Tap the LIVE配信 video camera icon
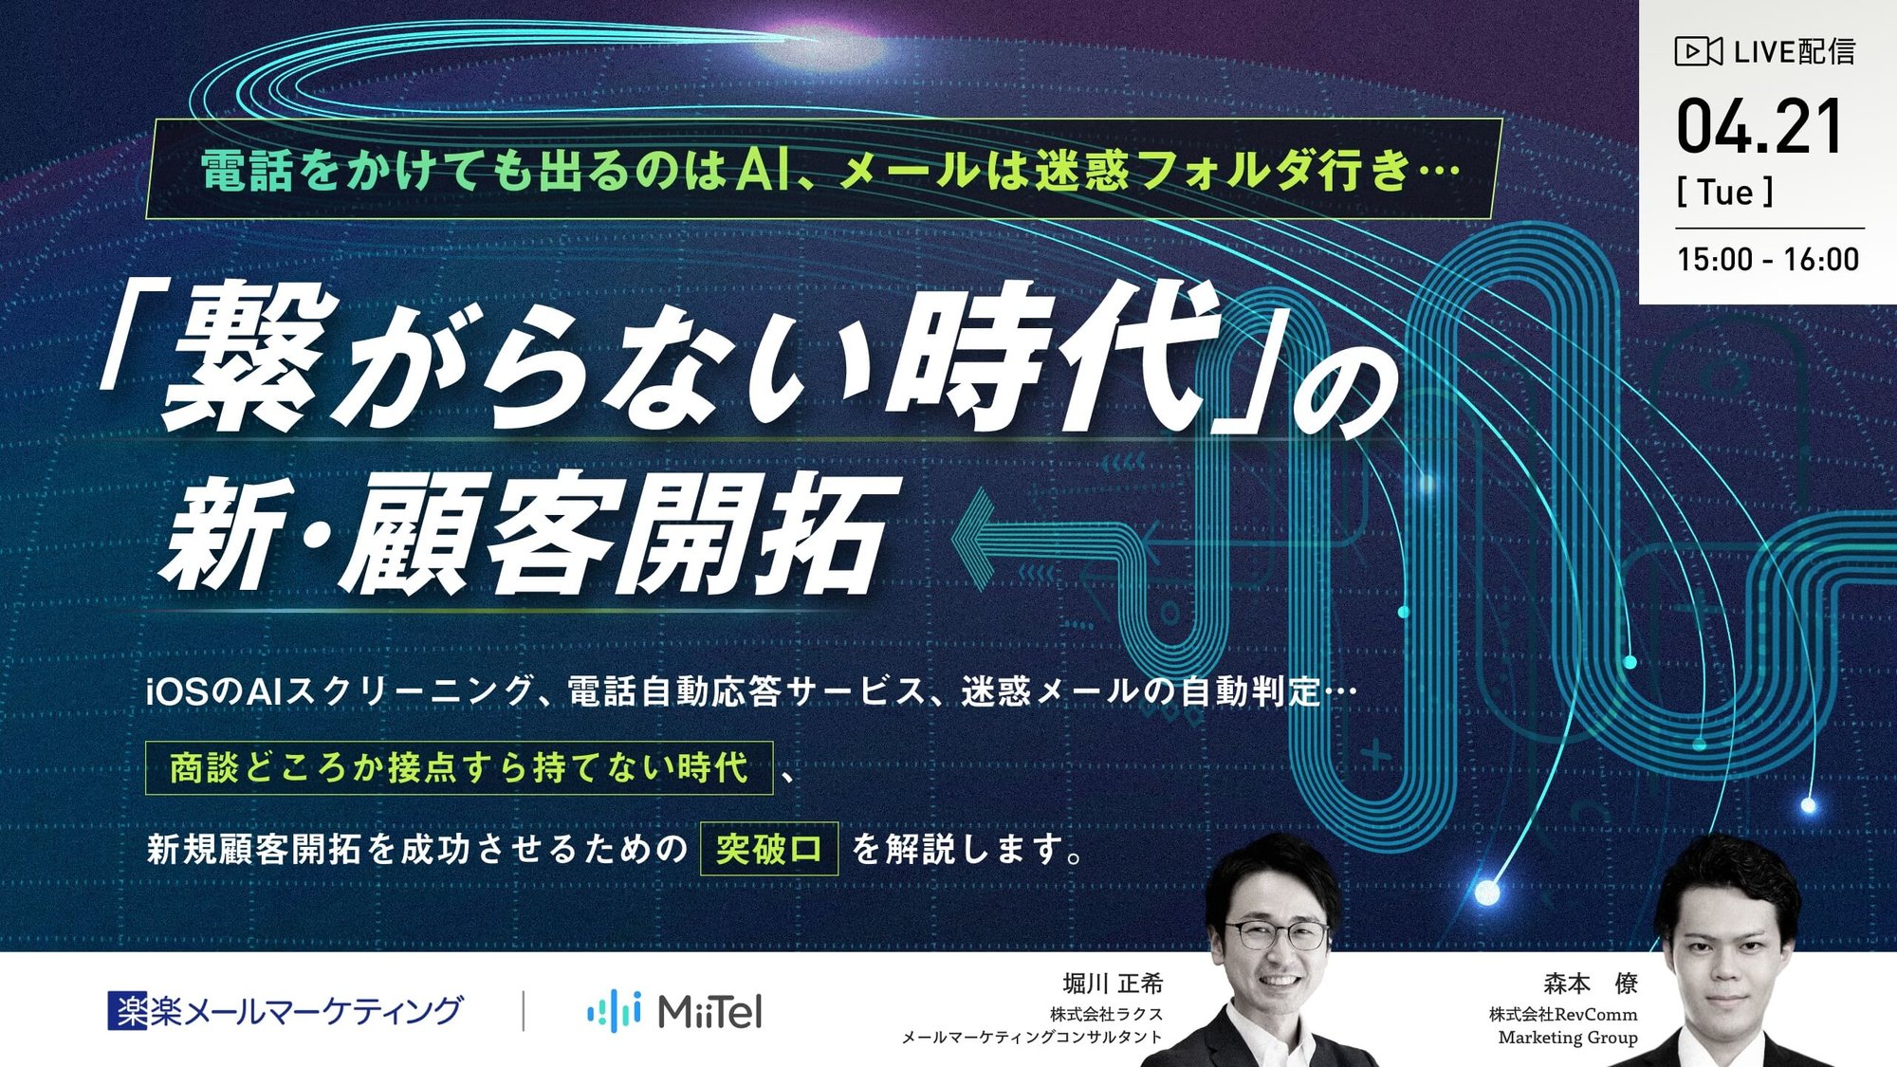coord(1698,51)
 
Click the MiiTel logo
coord(674,1011)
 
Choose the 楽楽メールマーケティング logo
coord(285,1011)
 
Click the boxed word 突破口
coord(769,849)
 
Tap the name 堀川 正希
coord(1113,984)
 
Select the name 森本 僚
coord(1591,984)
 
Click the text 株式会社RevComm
coord(1562,1015)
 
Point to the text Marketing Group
coord(1567,1038)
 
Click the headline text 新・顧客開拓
coord(526,534)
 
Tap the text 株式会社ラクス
coord(1106,1015)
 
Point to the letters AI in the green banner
coord(764,171)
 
